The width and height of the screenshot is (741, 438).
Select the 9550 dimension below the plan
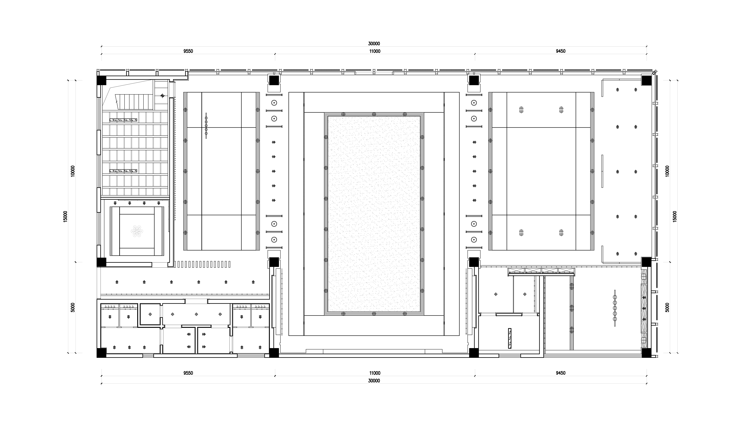(188, 373)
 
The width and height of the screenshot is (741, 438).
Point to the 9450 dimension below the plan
(561, 373)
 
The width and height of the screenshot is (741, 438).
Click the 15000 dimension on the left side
(66, 216)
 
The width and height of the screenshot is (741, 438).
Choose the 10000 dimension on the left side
(73, 171)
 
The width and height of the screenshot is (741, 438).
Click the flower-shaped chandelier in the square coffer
(137, 231)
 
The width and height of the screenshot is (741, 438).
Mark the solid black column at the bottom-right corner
(646, 353)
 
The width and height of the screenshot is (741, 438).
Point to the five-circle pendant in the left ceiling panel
(206, 125)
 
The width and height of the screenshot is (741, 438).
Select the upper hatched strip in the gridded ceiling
(123, 120)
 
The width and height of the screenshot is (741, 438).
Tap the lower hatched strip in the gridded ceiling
(123, 171)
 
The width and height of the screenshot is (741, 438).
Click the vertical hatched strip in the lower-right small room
(510, 338)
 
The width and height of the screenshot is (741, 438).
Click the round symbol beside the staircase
(162, 96)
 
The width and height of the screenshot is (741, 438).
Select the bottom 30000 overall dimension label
(374, 381)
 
